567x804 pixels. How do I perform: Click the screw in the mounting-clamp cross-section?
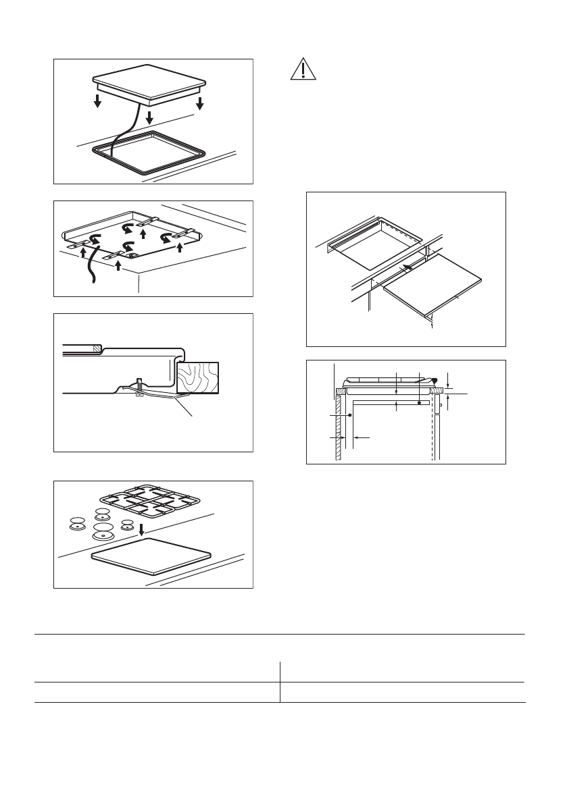coord(139,387)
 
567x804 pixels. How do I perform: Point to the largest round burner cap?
coord(103,529)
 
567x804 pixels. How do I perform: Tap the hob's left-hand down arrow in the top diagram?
coord(98,102)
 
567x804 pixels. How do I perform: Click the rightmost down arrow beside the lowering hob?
coord(199,103)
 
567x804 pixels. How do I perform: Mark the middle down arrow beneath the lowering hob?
coord(149,116)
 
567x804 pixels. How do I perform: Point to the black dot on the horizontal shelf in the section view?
coord(420,403)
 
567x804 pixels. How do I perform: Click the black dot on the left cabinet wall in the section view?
coord(349,415)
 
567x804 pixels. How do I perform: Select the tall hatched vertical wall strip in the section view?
coord(338,432)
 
